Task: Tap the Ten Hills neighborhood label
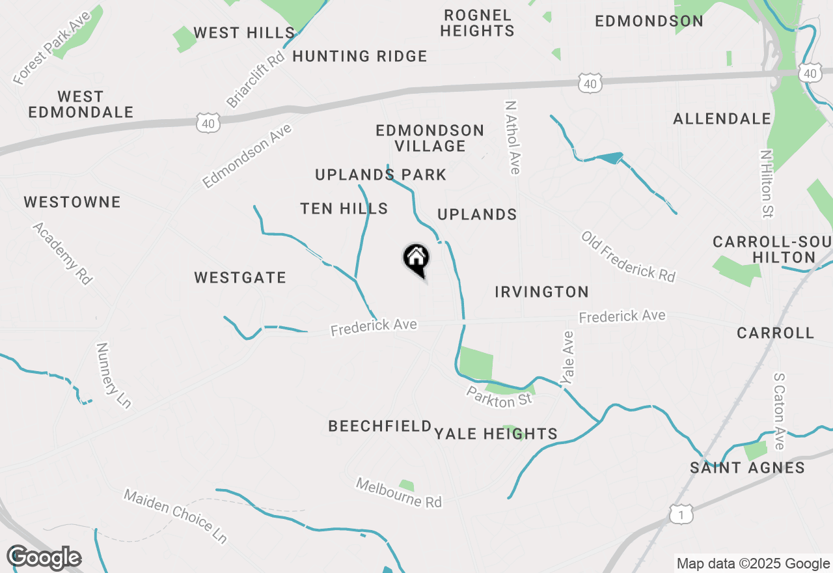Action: pos(344,209)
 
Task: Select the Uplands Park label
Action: pos(381,175)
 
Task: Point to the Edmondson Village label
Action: pos(430,138)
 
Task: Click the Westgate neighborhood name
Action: pos(240,278)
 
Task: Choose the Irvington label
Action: pos(541,292)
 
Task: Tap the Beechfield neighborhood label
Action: pos(380,426)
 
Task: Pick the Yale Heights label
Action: pos(496,434)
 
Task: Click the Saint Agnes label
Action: pos(748,468)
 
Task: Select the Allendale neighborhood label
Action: pos(722,119)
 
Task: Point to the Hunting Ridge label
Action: pos(360,57)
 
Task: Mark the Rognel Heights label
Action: pos(477,23)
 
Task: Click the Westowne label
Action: pos(72,203)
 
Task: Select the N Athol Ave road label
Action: pos(513,137)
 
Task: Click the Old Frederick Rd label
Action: pos(628,257)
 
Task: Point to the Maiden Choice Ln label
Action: pos(176,516)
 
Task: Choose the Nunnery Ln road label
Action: pos(113,376)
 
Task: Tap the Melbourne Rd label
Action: pos(398,493)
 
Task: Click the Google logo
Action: pos(44,558)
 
